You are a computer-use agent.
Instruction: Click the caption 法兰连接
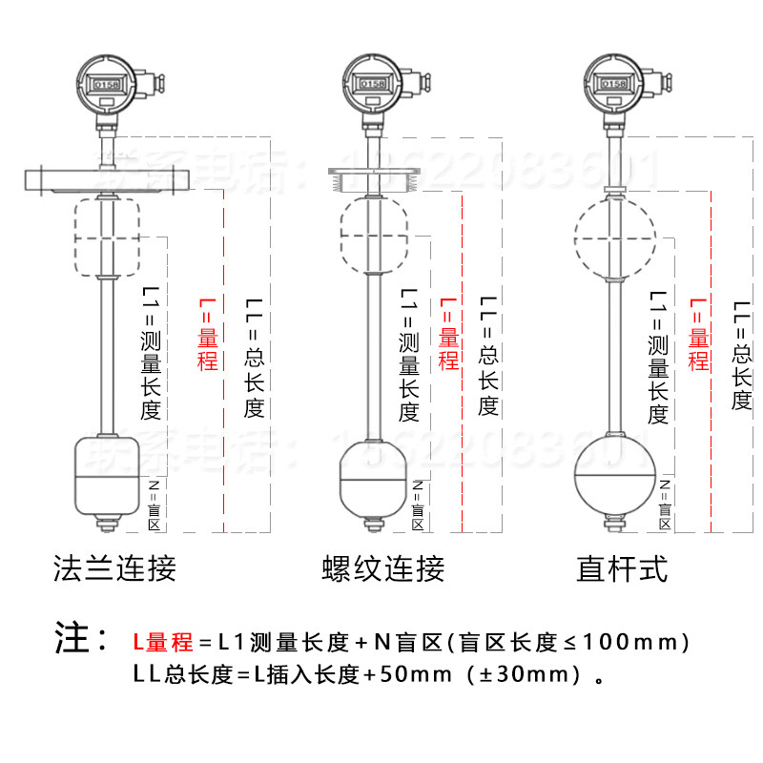coord(114,569)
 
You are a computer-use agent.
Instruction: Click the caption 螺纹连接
coord(383,569)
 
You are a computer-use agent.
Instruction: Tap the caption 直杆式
coord(622,569)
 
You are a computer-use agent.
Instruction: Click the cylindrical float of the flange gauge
coord(107,475)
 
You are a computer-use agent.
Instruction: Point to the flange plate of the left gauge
coord(107,177)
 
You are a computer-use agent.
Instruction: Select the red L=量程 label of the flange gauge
coord(208,334)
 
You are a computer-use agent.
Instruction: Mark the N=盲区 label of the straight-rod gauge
coord(665,504)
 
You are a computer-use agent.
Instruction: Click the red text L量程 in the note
coord(162,642)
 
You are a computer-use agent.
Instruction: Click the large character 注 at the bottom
coord(72,639)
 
